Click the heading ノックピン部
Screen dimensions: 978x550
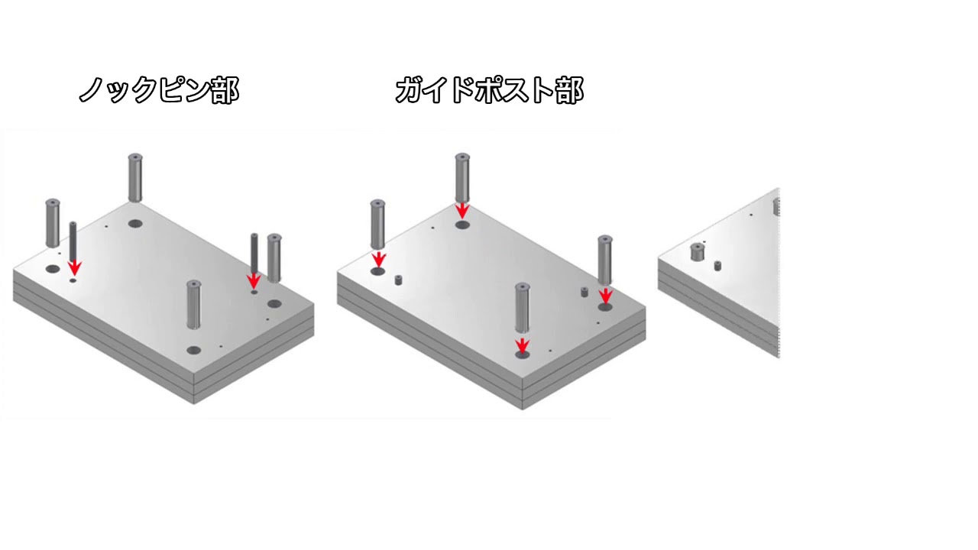159,90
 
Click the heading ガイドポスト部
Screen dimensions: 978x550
489,90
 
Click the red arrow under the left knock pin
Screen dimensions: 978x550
75,266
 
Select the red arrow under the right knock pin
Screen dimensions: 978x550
254,280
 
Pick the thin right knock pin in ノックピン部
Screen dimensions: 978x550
254,254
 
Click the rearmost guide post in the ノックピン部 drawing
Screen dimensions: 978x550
135,177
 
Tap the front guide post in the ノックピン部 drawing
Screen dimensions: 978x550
193,305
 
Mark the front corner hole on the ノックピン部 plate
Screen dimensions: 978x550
193,350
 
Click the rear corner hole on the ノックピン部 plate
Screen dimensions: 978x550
135,224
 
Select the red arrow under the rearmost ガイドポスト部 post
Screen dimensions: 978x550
462,211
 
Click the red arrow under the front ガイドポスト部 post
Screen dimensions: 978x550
522,345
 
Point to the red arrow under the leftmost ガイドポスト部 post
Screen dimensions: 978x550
378,259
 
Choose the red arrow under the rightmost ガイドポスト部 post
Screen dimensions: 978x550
605,295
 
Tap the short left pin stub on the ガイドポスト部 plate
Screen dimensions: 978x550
398,280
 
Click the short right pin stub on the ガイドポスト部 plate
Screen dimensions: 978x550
585,292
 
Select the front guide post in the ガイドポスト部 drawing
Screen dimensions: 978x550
522,308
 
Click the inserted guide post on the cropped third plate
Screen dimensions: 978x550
698,252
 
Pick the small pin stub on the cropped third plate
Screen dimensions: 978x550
717,265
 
